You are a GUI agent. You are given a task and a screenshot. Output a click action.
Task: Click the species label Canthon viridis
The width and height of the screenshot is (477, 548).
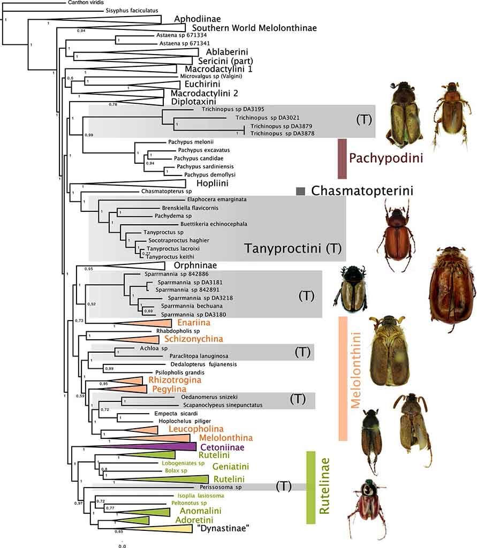point(88,3)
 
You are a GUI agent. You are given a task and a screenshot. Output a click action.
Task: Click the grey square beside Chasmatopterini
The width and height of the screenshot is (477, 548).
point(301,191)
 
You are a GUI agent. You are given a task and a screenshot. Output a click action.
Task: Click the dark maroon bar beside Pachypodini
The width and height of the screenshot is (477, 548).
point(343,158)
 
